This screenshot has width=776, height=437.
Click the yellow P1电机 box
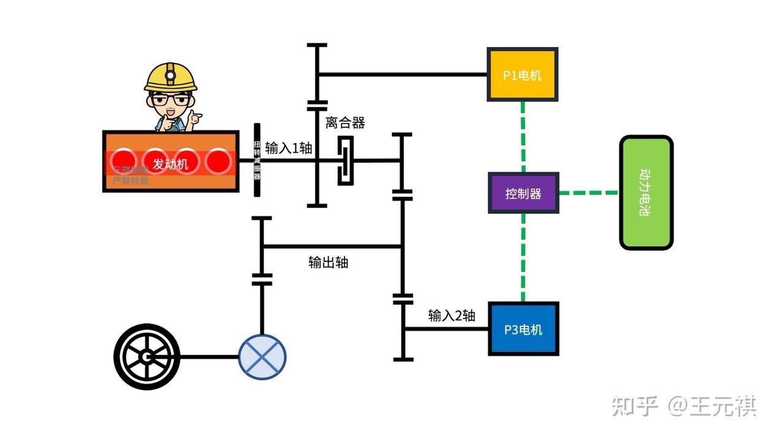[x=522, y=75]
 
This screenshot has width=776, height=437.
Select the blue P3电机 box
[x=523, y=329]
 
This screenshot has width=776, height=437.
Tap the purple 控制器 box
[x=523, y=193]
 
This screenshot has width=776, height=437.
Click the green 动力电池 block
[x=646, y=193]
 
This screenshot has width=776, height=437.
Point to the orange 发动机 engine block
[x=170, y=161]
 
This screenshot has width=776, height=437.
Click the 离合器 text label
[x=345, y=123]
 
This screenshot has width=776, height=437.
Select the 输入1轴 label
[x=288, y=148]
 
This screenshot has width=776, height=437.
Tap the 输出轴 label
[x=328, y=262]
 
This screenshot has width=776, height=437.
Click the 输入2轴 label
[x=451, y=315]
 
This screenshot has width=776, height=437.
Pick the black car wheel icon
[x=147, y=356]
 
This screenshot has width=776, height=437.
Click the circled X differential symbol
[x=262, y=357]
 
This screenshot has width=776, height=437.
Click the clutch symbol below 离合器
[x=346, y=161]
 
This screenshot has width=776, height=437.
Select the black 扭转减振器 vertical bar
[x=257, y=160]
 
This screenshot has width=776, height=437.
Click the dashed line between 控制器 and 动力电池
[x=589, y=193]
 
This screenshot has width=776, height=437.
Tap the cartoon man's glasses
[x=171, y=99]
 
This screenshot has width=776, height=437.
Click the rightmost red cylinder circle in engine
[x=217, y=161]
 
